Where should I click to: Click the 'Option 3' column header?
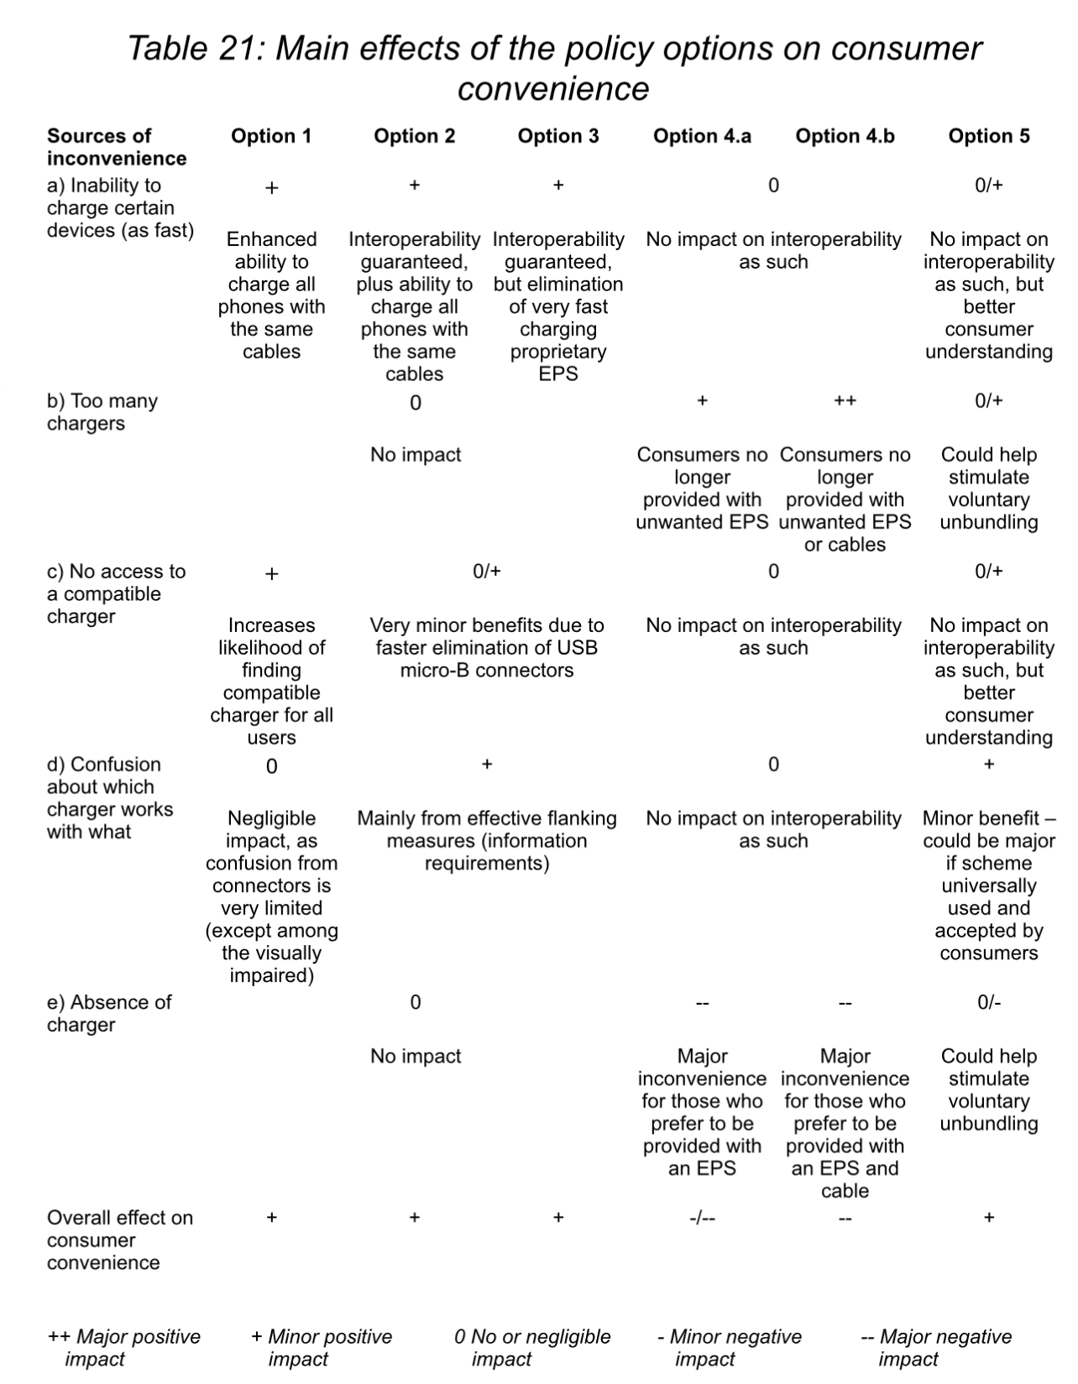(558, 136)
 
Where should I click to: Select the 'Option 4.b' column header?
(845, 136)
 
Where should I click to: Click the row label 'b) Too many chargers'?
(102, 412)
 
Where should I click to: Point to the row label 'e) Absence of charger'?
(108, 1013)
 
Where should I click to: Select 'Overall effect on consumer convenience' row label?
(119, 1240)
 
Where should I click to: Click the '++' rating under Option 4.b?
(845, 401)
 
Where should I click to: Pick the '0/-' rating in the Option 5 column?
(989, 1002)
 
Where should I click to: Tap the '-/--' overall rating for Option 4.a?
(702, 1218)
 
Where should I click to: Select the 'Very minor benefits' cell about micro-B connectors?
(487, 648)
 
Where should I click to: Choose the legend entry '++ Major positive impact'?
(124, 1348)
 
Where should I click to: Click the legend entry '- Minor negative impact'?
(730, 1348)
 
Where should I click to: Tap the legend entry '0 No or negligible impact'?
(532, 1348)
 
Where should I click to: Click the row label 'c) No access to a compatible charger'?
(116, 593)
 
